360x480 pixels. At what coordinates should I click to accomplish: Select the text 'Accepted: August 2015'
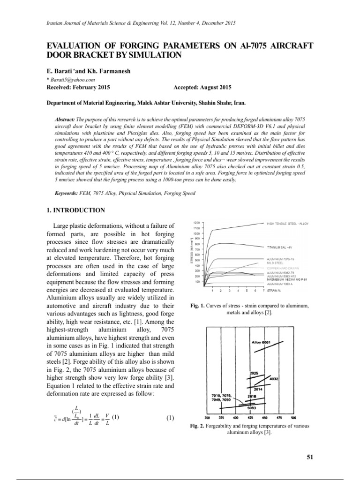click(202, 88)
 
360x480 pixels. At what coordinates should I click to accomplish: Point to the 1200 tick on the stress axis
click(197, 222)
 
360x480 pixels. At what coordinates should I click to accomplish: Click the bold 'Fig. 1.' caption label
click(199, 306)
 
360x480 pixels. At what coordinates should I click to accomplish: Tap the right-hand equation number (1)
click(170, 418)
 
